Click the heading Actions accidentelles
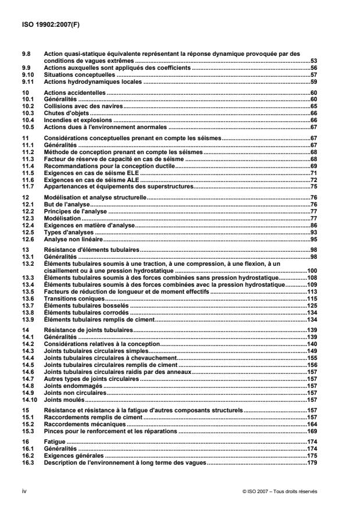pyautogui.click(x=73, y=93)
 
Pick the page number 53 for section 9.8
pyautogui.click(x=313, y=60)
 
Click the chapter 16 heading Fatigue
pyautogui.click(x=56, y=443)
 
